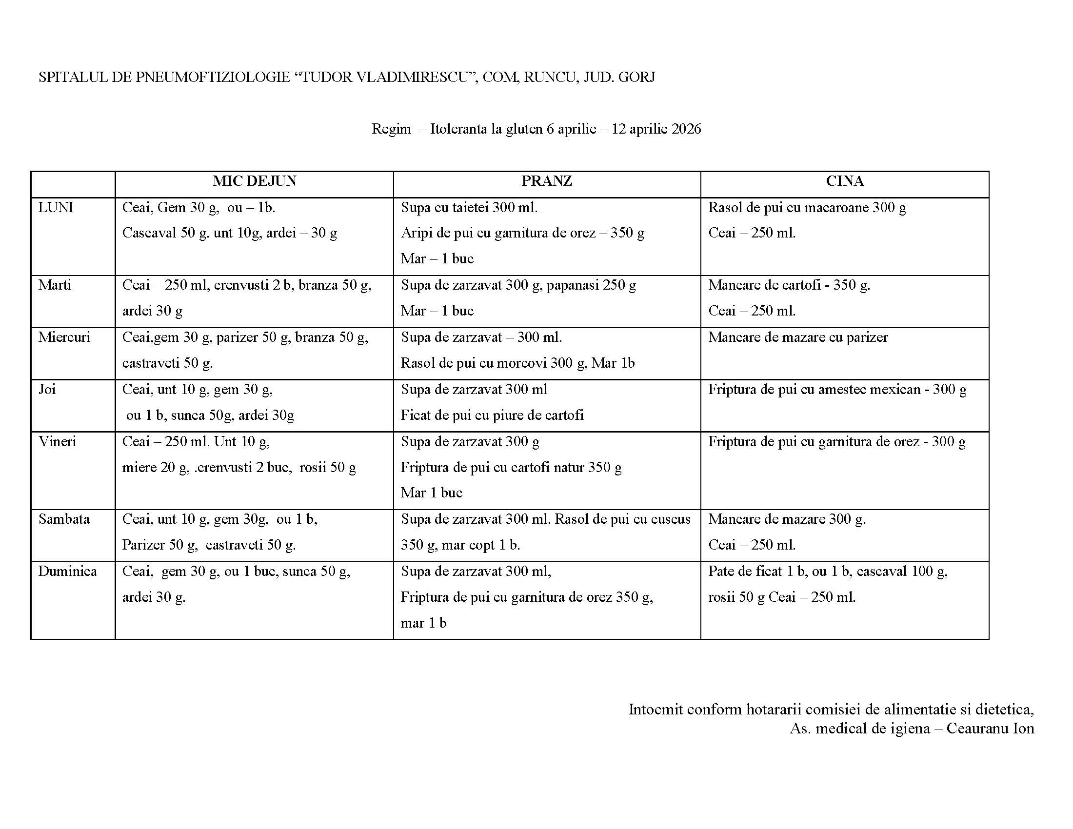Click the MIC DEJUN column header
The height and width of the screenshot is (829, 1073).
click(x=255, y=181)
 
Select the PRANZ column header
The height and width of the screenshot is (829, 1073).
click(x=546, y=181)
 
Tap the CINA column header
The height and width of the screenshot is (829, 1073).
click(x=845, y=181)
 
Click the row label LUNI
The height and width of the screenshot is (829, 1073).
click(x=56, y=208)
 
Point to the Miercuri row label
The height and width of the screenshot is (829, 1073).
click(x=64, y=337)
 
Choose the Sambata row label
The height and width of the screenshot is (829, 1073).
click(x=64, y=519)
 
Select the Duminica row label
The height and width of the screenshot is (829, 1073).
click(x=67, y=571)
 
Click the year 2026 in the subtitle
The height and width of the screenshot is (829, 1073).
click(x=686, y=129)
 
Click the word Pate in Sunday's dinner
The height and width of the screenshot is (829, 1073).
click(x=721, y=571)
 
